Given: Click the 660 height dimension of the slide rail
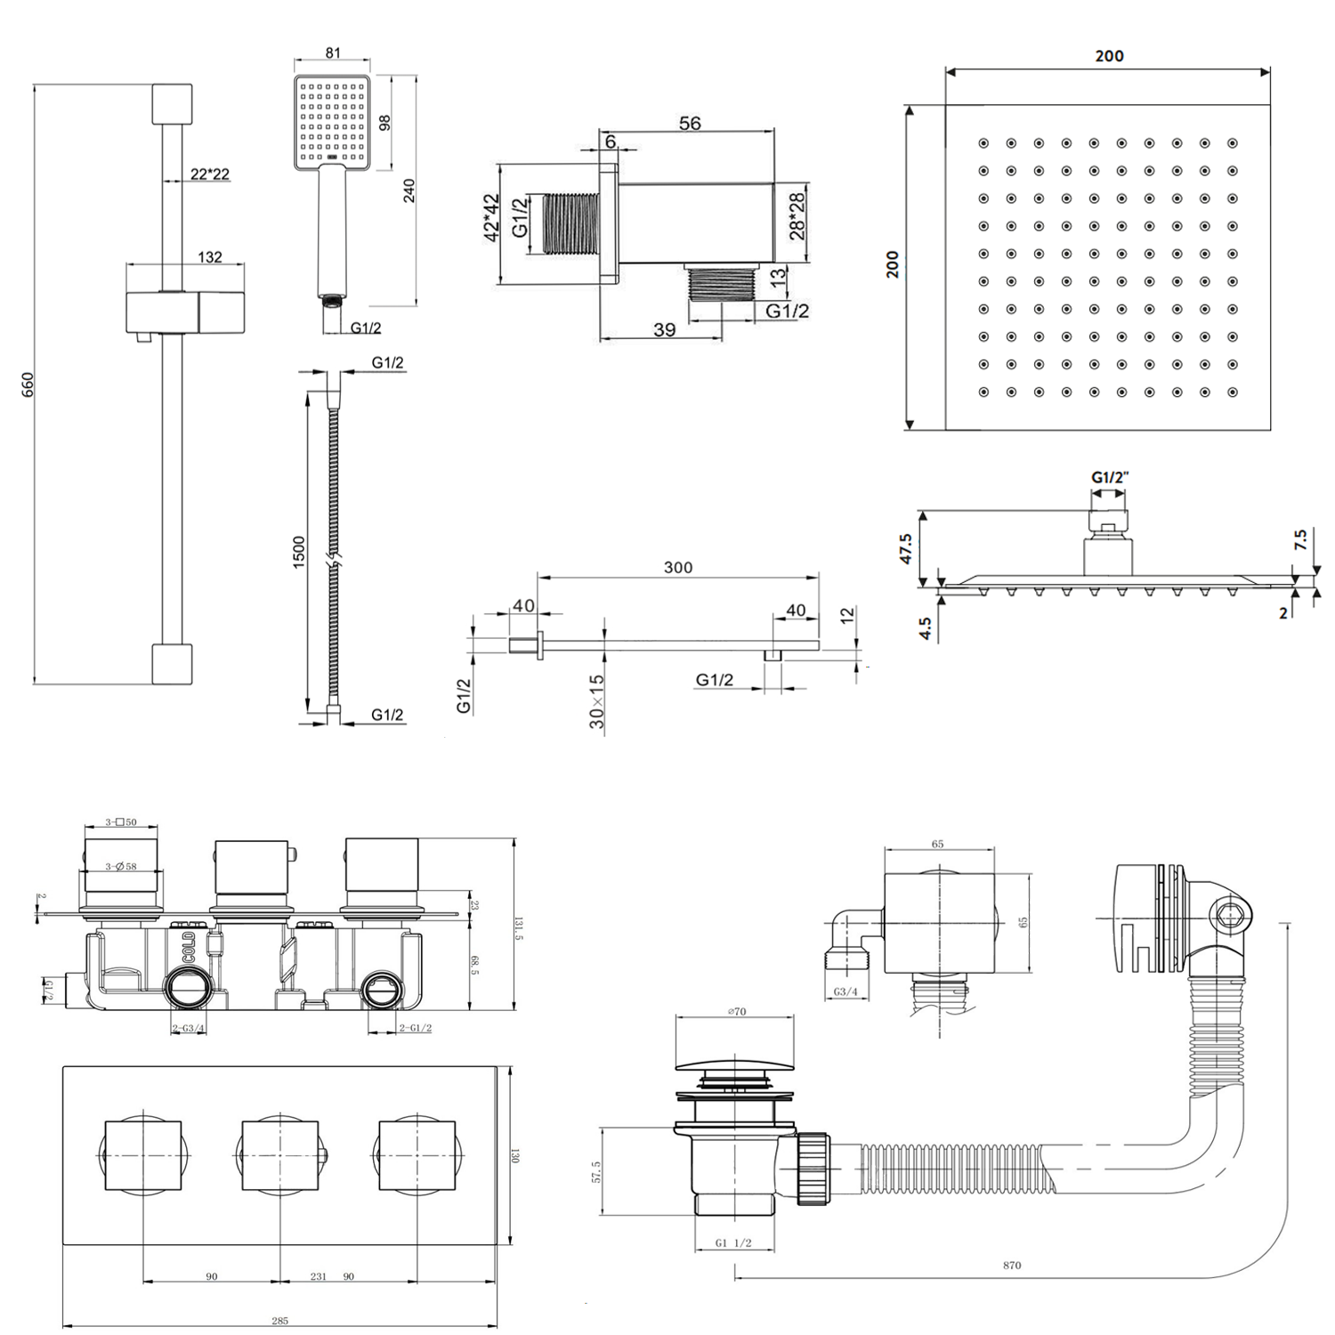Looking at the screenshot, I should click(x=28, y=384).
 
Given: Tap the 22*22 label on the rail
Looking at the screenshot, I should click(x=210, y=174).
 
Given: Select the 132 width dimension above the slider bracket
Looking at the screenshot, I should click(x=210, y=256).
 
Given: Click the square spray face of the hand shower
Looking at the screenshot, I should click(x=331, y=121).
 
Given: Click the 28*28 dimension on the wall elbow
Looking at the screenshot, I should click(x=797, y=215).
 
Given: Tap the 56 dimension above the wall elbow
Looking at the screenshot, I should click(x=690, y=124).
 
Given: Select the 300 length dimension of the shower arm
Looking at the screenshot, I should click(x=677, y=567).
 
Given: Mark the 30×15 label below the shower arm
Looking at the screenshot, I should click(x=596, y=701).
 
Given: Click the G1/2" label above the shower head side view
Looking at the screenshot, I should click(x=1110, y=477).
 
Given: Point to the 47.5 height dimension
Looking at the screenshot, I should click(x=906, y=548).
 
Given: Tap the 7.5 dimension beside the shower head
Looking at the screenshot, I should click(x=1300, y=539).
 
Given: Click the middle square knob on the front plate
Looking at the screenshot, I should click(x=280, y=1155).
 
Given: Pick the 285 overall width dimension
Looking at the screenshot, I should click(x=279, y=1321).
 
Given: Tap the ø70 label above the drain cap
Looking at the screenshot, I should click(x=737, y=1011).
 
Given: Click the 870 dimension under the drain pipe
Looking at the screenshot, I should click(x=1012, y=1265).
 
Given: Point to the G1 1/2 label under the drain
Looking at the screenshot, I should click(x=733, y=1243).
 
